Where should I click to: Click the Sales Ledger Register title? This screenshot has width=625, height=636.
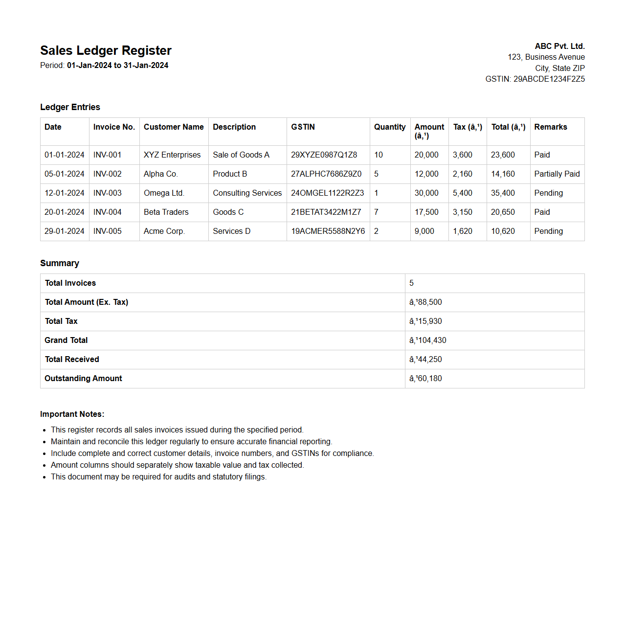pos(106,50)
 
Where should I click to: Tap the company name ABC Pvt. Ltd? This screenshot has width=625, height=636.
pos(559,46)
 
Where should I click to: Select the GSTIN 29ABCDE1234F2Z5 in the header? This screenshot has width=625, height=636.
pos(549,79)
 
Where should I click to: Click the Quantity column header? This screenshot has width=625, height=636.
pos(390,127)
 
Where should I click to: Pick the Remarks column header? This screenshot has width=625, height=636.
pos(550,127)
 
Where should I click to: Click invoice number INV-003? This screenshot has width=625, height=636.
pos(108,193)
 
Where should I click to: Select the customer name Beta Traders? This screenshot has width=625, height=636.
pos(166,212)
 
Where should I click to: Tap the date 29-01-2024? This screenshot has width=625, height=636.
pos(65,231)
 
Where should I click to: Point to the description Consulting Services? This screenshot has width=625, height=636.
pos(247,193)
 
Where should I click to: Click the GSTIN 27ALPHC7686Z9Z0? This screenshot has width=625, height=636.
pos(326,174)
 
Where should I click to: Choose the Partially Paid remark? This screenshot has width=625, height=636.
pos(557,174)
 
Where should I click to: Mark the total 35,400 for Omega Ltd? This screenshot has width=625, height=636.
pos(503,193)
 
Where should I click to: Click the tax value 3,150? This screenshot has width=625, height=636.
pos(462,212)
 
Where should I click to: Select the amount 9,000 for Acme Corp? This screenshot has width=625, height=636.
pos(424,231)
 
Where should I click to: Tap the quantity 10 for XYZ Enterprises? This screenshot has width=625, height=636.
pos(379,155)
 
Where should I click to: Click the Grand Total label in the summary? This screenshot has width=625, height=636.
pos(66,340)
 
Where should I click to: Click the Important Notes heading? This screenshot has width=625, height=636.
pos(72,414)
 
